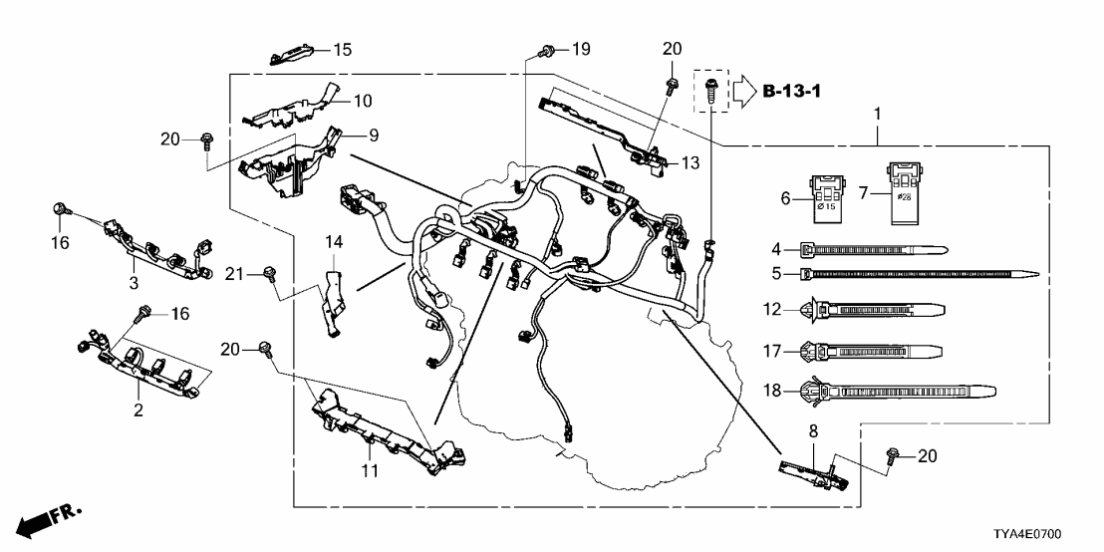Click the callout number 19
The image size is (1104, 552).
point(580,48)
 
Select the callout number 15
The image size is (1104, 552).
point(342,49)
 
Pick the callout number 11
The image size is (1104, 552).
point(370,470)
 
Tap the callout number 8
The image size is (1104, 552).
point(812,431)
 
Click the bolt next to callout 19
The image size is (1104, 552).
point(547,50)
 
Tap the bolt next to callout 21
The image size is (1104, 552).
point(267,274)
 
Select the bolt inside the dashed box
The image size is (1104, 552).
point(709,90)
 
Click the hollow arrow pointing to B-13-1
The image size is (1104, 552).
point(745,93)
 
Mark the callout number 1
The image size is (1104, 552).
point(878,115)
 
